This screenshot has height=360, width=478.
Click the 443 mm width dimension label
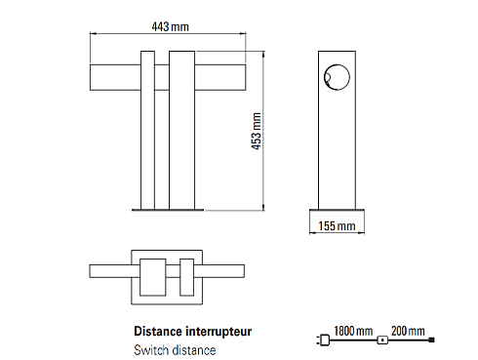click(x=170, y=26)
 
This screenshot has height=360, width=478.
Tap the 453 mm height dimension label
click(x=257, y=131)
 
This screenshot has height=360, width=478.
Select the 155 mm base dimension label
click(x=337, y=226)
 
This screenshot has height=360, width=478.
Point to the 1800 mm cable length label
click(x=353, y=331)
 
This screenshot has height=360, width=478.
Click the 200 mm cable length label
click(x=408, y=331)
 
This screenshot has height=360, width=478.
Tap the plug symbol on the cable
click(x=323, y=340)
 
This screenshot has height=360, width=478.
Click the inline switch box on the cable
click(x=382, y=340)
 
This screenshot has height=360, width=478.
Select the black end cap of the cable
click(x=432, y=340)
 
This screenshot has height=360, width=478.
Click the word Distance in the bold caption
click(x=158, y=332)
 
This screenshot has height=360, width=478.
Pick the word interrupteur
click(x=219, y=332)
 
